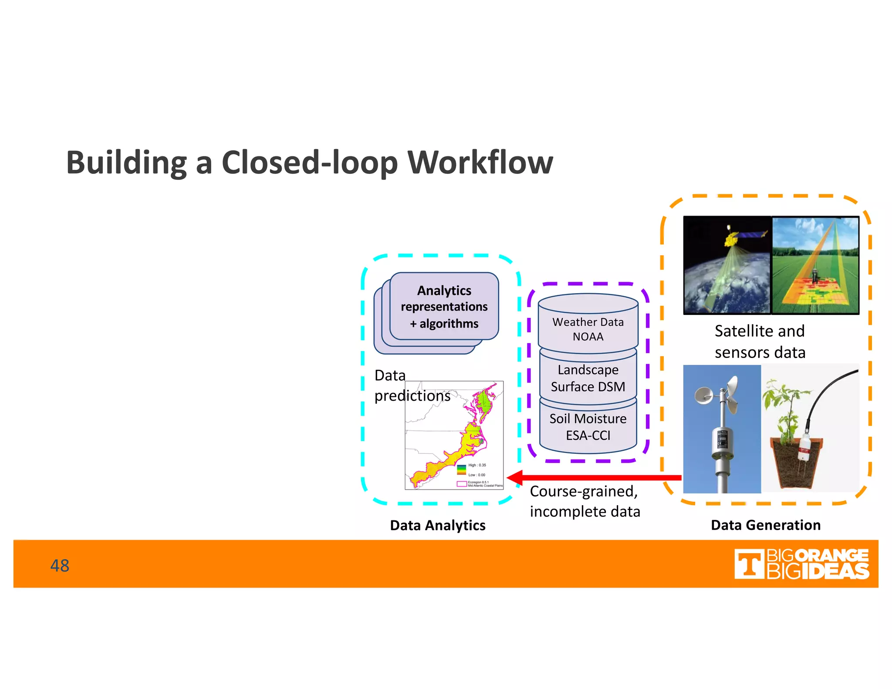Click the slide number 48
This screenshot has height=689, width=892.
[x=60, y=565]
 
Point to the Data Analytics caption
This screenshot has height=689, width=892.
[x=438, y=525]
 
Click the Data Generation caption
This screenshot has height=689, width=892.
[x=766, y=525]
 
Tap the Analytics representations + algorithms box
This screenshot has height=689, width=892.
[x=444, y=307]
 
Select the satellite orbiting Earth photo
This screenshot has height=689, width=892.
[x=727, y=265]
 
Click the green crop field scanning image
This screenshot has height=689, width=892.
[x=815, y=265]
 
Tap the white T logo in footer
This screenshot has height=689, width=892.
[x=749, y=564]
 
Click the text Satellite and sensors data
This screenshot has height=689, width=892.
[x=760, y=341]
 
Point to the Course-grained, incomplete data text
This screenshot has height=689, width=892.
[x=585, y=501]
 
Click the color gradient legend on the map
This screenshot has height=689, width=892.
[x=461, y=470]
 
